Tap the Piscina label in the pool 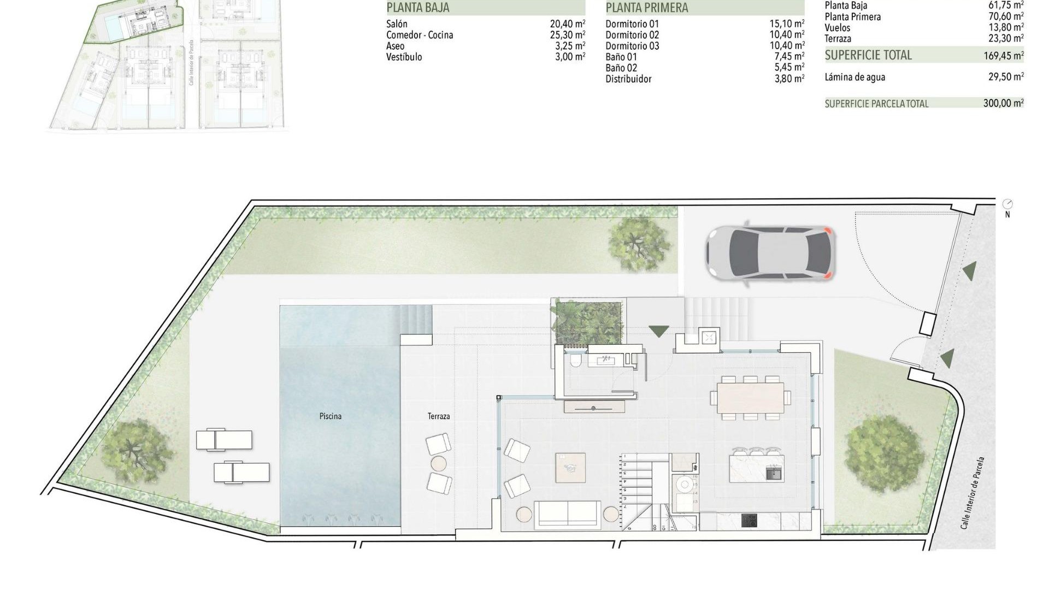click(x=331, y=416)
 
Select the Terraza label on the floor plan click(x=439, y=416)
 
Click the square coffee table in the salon click(x=570, y=468)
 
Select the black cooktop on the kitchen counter click(x=749, y=521)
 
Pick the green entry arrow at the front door click(x=659, y=331)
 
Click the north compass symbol click(x=1008, y=205)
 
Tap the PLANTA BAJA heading click(x=418, y=8)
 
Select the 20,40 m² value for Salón click(x=567, y=24)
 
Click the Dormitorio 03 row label click(x=632, y=46)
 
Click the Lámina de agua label click(x=854, y=77)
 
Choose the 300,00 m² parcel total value click(x=1003, y=103)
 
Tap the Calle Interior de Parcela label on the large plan click(x=974, y=493)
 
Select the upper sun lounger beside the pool click(x=224, y=440)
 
